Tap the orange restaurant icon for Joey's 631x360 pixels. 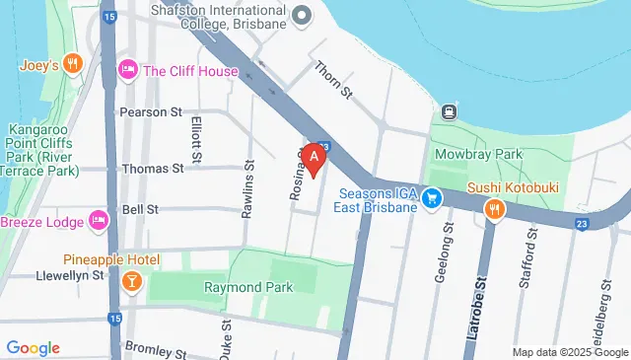71,65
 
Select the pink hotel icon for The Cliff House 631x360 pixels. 127,70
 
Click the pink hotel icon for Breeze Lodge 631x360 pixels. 98,219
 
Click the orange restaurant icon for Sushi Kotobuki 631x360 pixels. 495,209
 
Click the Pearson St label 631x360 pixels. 152,112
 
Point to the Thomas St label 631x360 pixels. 152,169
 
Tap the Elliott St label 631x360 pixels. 197,139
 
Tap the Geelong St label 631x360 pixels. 442,252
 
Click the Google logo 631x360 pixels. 33,348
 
